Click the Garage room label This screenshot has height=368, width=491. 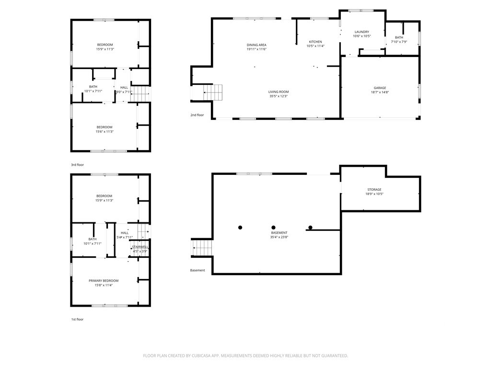380,88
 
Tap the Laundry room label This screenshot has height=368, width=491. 362,32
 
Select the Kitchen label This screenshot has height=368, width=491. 316,42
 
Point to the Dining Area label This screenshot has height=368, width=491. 257,45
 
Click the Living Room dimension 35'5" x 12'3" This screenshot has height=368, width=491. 279,96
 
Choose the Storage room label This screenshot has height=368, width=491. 374,190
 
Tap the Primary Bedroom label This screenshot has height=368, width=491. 104,281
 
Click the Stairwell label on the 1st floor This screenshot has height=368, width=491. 140,247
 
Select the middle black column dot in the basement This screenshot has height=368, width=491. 273,228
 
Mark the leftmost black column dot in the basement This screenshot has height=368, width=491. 240,228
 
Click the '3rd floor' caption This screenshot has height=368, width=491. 77,165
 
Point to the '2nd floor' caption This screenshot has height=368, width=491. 197,115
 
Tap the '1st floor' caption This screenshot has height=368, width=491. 77,320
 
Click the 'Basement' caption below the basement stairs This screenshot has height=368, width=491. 198,270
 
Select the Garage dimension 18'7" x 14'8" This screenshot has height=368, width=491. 380,92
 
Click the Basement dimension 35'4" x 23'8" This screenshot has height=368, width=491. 279,237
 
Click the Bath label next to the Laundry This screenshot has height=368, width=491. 399,37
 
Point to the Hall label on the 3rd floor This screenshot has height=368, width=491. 124,88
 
